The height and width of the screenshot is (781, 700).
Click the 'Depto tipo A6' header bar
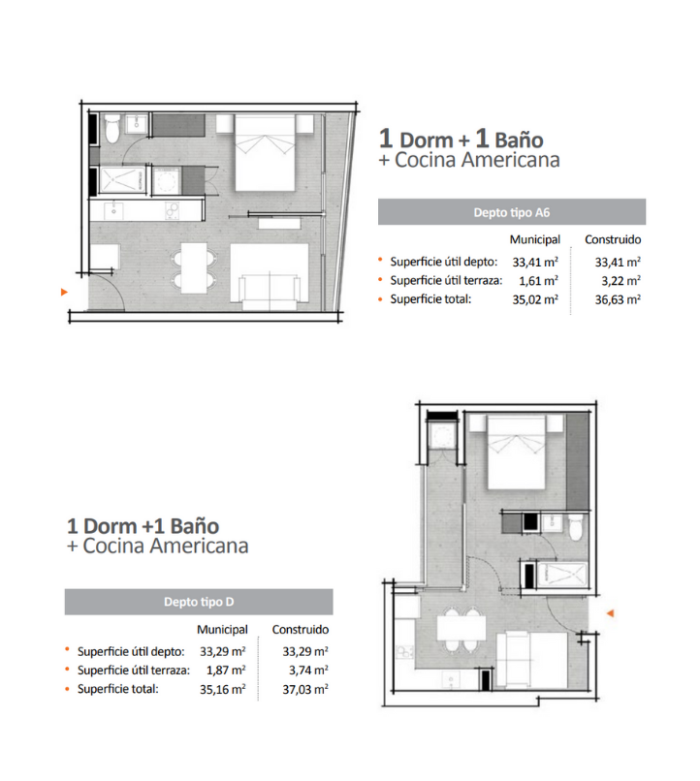tap(512, 212)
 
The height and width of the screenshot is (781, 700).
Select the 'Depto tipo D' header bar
tap(199, 602)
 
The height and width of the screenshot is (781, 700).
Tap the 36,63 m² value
tap(618, 299)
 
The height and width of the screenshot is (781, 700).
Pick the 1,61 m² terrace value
tap(538, 280)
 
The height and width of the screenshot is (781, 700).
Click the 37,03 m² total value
tap(304, 689)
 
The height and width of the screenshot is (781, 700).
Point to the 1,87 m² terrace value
tap(226, 671)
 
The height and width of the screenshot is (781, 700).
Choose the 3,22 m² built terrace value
tap(620, 280)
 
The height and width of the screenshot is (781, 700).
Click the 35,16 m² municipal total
tap(223, 689)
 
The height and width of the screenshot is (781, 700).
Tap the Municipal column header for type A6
tap(534, 239)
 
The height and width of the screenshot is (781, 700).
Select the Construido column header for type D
tap(300, 630)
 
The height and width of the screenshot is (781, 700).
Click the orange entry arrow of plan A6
tap(64, 292)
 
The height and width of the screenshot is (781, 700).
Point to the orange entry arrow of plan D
tap(610, 613)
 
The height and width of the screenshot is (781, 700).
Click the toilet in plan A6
tap(111, 129)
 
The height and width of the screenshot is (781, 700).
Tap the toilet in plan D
tap(576, 528)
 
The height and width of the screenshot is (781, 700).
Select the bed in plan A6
tap(265, 152)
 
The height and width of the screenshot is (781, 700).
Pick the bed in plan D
tap(516, 453)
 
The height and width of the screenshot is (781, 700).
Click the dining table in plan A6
tap(194, 268)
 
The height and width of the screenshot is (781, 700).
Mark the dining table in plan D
tap(461, 628)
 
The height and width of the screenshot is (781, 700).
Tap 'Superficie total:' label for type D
tap(117, 689)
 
